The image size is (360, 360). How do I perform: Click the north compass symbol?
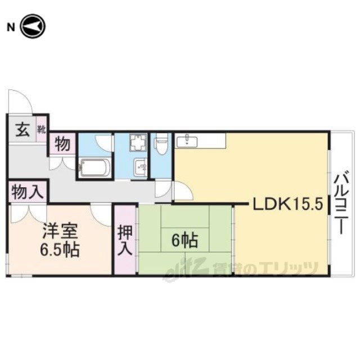pos(33,26)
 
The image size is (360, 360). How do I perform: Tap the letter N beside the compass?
pos(11,28)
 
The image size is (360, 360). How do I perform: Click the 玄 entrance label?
pos(22,130)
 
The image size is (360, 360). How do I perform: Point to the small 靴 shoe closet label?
pos(42,129)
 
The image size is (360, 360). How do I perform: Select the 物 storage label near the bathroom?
pos(62,144)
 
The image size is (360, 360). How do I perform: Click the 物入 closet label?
pos(28,192)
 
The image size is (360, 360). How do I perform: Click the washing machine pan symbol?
pos(138,143)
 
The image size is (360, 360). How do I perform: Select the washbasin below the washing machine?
pos(141,168)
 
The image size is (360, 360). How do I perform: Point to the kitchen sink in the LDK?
pos(187,141)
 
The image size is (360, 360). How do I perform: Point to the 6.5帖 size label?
pos(60,249)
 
